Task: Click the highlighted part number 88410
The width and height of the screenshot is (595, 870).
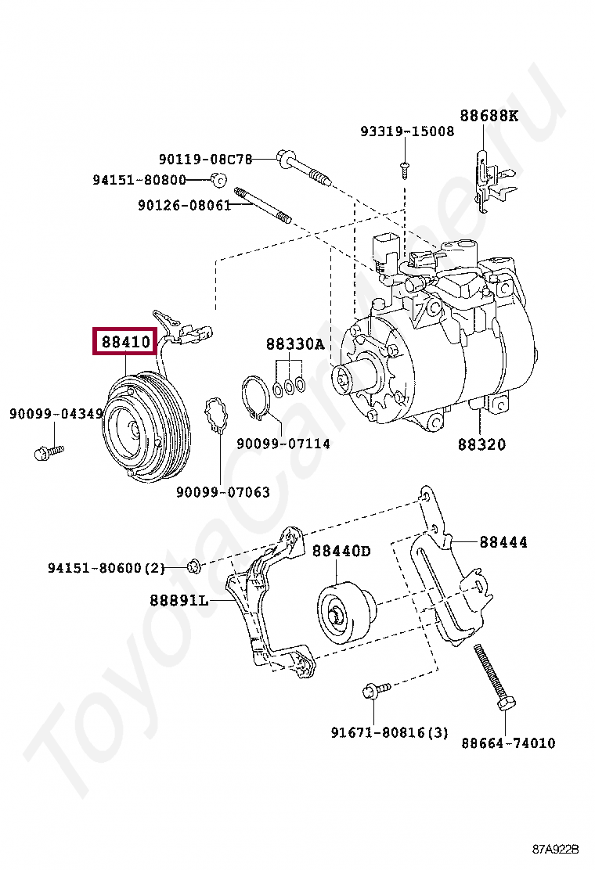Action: click(125, 341)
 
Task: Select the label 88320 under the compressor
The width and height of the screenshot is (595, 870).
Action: click(481, 444)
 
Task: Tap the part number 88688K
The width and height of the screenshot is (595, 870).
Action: click(489, 116)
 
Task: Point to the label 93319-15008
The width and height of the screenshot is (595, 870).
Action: click(407, 131)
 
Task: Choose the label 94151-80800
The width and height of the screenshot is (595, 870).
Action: click(139, 180)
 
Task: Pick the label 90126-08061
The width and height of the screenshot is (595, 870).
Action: click(184, 205)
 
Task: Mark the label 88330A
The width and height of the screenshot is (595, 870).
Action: click(294, 343)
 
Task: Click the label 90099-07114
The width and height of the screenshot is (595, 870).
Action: click(283, 444)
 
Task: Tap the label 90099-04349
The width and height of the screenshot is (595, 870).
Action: click(56, 412)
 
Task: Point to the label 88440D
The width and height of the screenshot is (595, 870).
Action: click(341, 551)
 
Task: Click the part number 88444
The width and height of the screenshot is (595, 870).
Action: click(503, 541)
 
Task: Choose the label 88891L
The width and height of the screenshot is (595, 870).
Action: click(179, 600)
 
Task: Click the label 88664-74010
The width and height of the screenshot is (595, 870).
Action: click(508, 742)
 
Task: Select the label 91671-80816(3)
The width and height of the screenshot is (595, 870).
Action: click(389, 732)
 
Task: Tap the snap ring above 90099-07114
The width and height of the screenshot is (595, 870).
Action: click(254, 397)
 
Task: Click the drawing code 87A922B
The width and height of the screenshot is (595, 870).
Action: click(556, 849)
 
